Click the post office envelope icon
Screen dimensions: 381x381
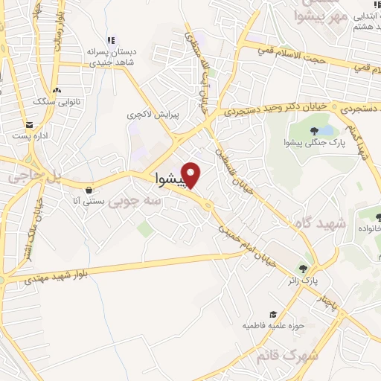click(x=29, y=125)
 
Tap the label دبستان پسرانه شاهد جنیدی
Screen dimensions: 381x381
click(x=112, y=57)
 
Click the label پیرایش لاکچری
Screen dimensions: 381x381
click(x=147, y=116)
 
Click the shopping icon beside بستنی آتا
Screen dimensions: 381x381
click(x=89, y=189)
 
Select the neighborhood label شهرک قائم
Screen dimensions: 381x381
click(x=287, y=356)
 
